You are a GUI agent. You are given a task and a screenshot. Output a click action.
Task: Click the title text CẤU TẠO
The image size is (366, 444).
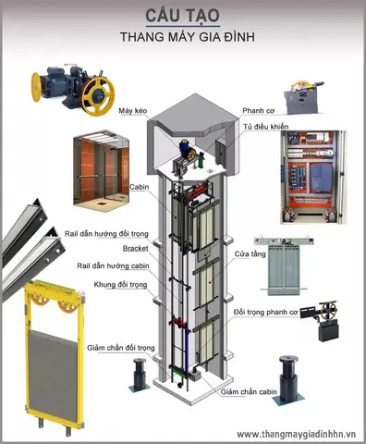182,16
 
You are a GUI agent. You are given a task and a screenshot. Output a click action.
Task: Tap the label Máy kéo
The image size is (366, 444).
133,111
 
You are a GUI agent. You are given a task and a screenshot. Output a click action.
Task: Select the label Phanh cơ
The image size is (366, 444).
258,111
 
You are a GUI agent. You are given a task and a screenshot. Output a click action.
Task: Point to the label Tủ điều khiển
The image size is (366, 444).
265,127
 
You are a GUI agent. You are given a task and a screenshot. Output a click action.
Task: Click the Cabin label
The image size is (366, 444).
139,187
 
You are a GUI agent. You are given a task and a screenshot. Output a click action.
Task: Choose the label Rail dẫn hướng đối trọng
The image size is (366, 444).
106,234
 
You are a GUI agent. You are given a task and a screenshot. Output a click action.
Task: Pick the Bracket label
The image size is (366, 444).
135,248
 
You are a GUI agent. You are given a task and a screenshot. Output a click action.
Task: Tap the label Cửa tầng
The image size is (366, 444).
250,254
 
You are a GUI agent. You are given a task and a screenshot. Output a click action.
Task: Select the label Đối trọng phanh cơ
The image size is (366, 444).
265,312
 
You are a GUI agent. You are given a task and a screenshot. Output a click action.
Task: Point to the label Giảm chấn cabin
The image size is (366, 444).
249,392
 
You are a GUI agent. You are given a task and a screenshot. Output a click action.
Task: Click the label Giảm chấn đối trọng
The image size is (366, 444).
121,348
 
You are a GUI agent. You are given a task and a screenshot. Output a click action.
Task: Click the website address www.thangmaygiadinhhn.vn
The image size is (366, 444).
296,434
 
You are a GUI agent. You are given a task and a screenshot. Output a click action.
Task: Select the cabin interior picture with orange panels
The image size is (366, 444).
102,167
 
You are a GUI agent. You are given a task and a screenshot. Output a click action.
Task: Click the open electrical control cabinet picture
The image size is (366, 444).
313,177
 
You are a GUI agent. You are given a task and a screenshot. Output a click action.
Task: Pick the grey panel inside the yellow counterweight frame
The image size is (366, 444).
53,375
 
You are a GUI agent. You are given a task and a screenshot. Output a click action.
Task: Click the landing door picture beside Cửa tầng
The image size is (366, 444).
284,266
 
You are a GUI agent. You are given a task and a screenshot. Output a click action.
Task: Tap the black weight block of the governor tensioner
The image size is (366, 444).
329,331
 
